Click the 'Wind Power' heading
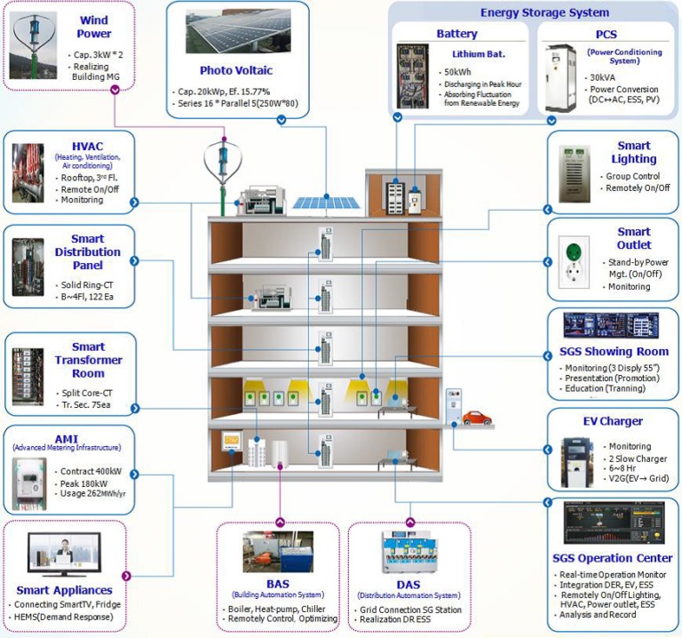tap(94, 27)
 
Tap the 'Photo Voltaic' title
tap(236, 70)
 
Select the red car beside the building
tap(477, 417)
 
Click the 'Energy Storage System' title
tap(544, 12)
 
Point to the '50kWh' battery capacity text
tap(457, 71)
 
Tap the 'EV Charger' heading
tap(612, 421)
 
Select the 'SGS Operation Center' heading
tap(612, 558)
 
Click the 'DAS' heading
tap(408, 584)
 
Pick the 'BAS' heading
tap(278, 584)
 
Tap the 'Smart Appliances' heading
tap(64, 590)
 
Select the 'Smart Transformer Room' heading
tap(88, 360)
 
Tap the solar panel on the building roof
tap(326, 202)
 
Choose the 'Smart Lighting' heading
tap(633, 152)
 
